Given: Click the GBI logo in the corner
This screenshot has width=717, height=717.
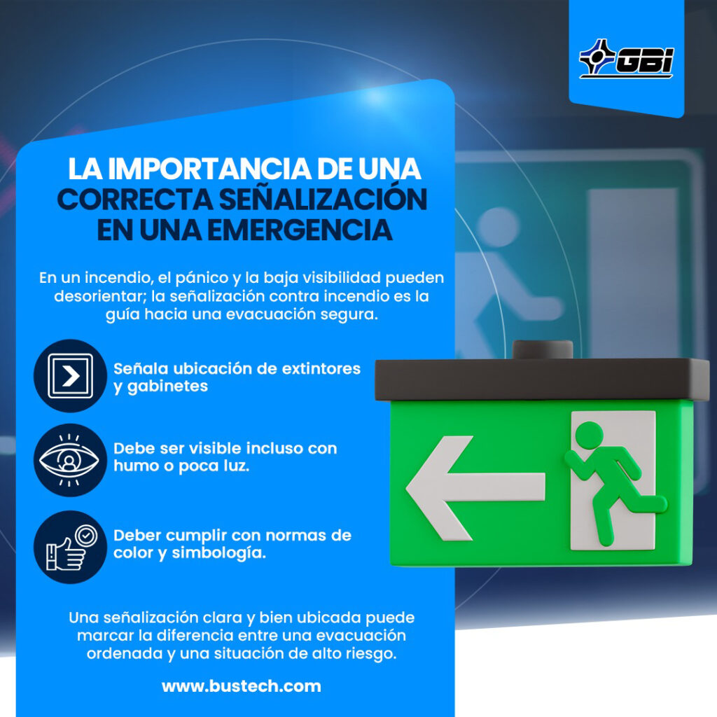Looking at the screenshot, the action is pyautogui.click(x=626, y=58).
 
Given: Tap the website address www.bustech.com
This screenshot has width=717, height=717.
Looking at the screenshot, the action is pyautogui.click(x=242, y=686).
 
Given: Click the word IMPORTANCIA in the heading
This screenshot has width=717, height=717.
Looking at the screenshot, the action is pyautogui.click(x=210, y=169).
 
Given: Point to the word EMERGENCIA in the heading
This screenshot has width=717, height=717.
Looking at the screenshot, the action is pyautogui.click(x=300, y=230).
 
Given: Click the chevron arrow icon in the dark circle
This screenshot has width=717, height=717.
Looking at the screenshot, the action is pyautogui.click(x=71, y=376).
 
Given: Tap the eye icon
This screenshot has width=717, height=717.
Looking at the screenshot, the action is pyautogui.click(x=69, y=460).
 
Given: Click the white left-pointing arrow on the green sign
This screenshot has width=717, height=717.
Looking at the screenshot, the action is pyautogui.click(x=475, y=487).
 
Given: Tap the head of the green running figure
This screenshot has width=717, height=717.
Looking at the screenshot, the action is pyautogui.click(x=589, y=435).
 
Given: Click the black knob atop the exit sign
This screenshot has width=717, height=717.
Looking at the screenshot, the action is pyautogui.click(x=543, y=350).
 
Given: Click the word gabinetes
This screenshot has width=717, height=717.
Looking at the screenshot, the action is pyautogui.click(x=167, y=387).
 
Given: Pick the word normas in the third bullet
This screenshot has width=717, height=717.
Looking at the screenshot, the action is pyautogui.click(x=295, y=536).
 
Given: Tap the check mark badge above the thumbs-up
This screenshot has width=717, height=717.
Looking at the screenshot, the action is pyautogui.click(x=86, y=534).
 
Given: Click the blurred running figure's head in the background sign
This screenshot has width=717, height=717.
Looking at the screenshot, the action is pyautogui.click(x=499, y=226).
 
